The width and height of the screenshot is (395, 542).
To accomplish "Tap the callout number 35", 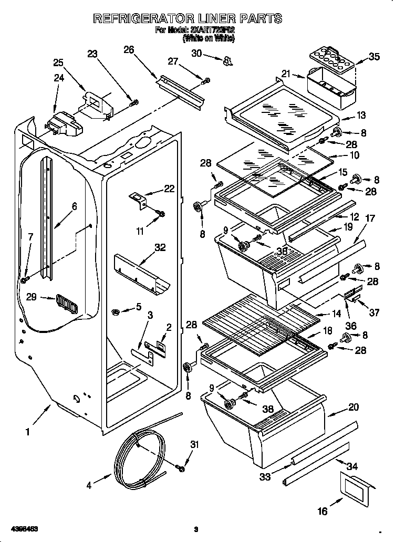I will pos(374,57).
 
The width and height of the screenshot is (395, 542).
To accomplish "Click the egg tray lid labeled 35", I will pos(333,56).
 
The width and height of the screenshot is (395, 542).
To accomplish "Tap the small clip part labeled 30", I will pos(227,60).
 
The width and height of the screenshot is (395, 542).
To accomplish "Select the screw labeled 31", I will pos(181,467).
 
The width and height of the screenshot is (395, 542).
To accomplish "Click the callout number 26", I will pos(129,50).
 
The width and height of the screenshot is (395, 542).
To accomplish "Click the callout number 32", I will pos(160,247).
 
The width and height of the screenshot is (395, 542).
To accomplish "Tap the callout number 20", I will pos(354,407).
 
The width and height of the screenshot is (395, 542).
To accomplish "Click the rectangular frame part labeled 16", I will pos(357,489).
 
